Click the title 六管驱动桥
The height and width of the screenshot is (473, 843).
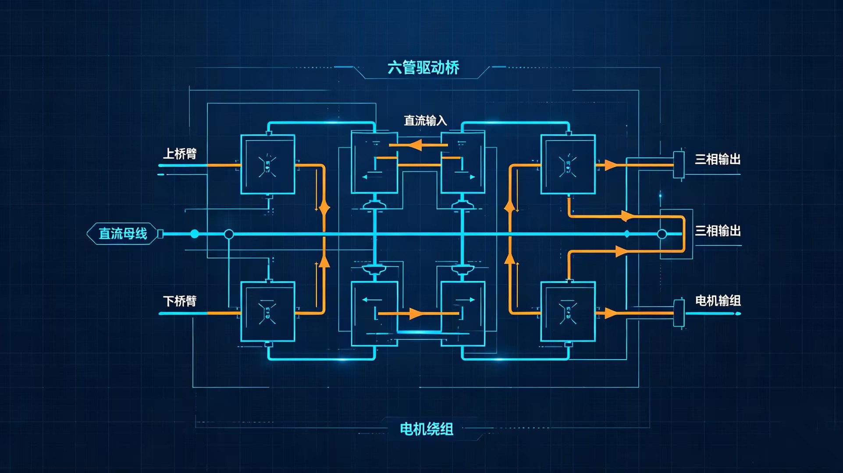[x=423, y=67]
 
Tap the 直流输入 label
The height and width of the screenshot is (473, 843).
[x=425, y=120]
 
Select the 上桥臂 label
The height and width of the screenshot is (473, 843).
[x=180, y=154]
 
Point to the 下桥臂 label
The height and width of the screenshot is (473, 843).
[x=180, y=301]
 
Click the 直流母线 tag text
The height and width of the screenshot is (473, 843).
[x=123, y=233]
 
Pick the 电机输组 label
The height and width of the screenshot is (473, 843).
[x=718, y=300]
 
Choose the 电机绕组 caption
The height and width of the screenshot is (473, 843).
[x=426, y=429]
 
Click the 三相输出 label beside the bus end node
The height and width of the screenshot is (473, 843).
[x=718, y=230]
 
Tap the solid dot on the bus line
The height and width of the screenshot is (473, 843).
[x=195, y=234]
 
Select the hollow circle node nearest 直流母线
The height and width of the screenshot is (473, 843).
[x=229, y=234]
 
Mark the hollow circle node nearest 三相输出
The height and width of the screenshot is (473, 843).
[x=662, y=234]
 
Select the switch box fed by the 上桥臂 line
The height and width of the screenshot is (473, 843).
[x=267, y=164]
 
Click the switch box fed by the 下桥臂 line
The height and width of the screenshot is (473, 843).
[x=267, y=311]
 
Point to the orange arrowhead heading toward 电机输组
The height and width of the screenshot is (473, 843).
[x=611, y=313]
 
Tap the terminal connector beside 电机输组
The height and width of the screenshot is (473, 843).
[x=679, y=313]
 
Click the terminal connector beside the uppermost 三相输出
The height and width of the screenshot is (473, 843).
[x=679, y=165]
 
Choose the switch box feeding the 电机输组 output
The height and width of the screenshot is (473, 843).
[x=568, y=311]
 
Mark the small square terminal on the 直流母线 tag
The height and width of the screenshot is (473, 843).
[x=160, y=234]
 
